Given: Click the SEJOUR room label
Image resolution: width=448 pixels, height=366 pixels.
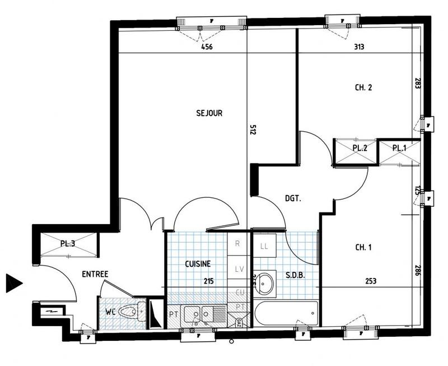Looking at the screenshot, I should click(x=209, y=113).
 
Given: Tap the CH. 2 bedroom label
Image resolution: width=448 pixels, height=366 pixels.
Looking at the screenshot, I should click(x=363, y=87).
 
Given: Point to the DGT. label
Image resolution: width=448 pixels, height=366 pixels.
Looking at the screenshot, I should click(x=292, y=198).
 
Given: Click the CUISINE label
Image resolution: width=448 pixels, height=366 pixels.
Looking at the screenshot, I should click(x=198, y=263).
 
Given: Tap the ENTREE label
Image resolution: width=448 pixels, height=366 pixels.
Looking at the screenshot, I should click(x=95, y=274).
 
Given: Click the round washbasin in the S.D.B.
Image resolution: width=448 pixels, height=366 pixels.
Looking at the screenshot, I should click(x=267, y=283).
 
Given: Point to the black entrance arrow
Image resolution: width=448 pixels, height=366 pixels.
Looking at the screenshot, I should click(x=13, y=283).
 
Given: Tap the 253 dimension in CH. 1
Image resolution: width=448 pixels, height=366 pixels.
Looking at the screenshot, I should click(x=370, y=281).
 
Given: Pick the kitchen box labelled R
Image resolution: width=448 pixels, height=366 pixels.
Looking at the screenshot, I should click(x=237, y=244).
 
